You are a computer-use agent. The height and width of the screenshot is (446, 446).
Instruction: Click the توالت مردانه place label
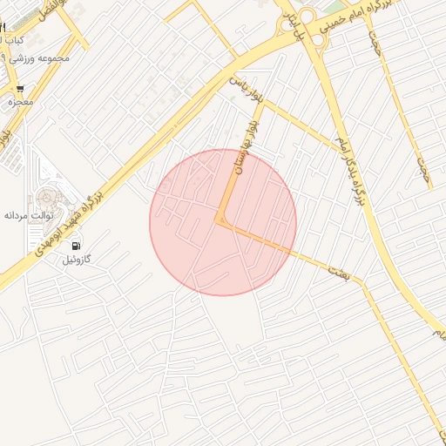click(29, 214)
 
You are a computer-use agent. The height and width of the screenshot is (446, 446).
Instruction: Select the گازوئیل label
click(77, 260)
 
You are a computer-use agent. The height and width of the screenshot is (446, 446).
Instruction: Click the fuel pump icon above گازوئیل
click(77, 247)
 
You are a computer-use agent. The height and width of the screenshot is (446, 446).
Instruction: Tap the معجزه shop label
click(20, 103)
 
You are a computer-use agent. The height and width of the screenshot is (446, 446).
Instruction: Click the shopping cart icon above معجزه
click(20, 90)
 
